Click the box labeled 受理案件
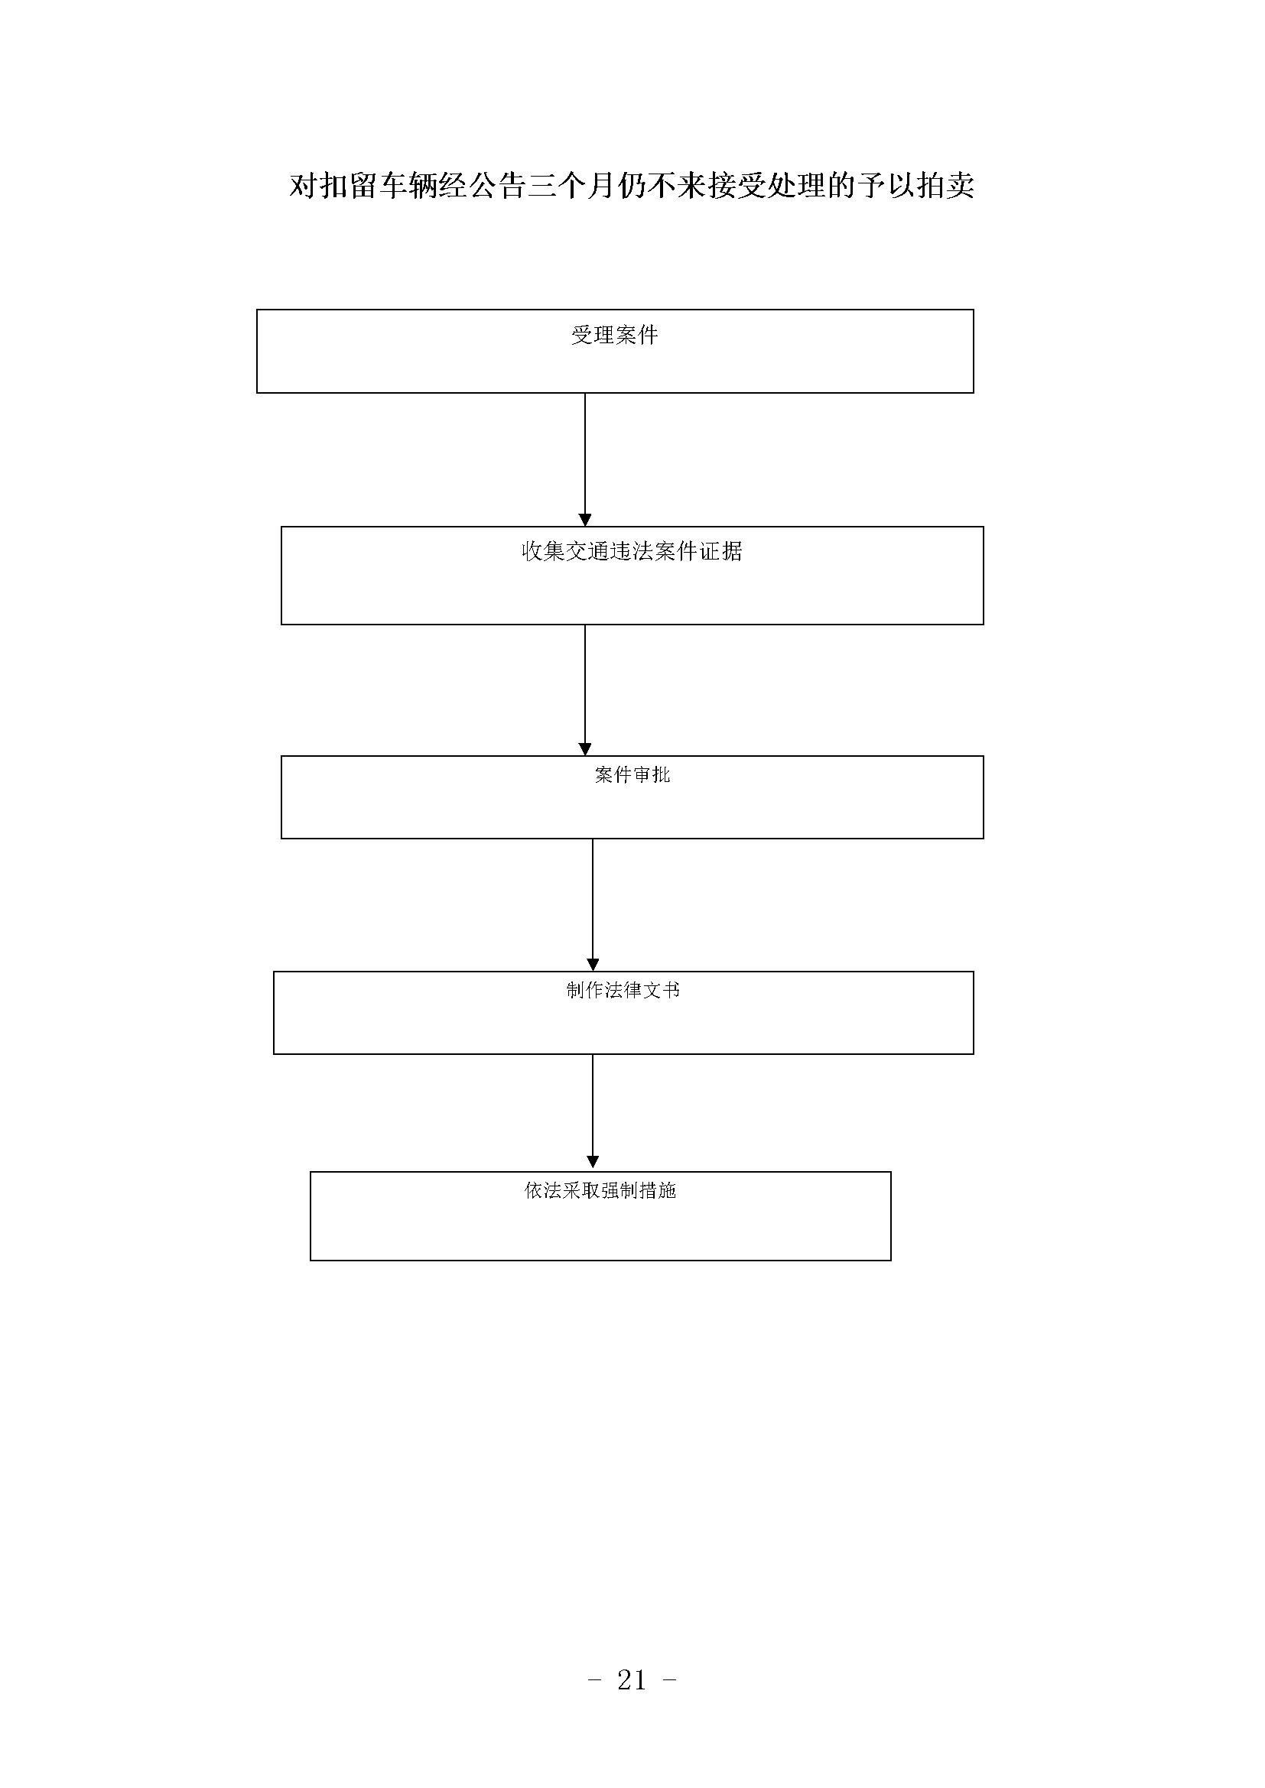[x=615, y=351]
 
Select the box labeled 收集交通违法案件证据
[x=632, y=576]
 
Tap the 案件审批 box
[x=632, y=797]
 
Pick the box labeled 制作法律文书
[x=623, y=1012]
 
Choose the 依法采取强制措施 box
[x=600, y=1215]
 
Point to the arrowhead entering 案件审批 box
[x=585, y=749]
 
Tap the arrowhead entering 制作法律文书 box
[x=593, y=965]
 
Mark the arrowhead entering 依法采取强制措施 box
[x=593, y=1165]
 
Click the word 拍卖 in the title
[x=945, y=185]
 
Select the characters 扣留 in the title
[x=348, y=185]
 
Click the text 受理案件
[x=615, y=335]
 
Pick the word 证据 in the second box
[x=720, y=551]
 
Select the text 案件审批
[x=632, y=775]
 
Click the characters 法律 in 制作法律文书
[x=623, y=990]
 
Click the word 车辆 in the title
[x=408, y=185]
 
